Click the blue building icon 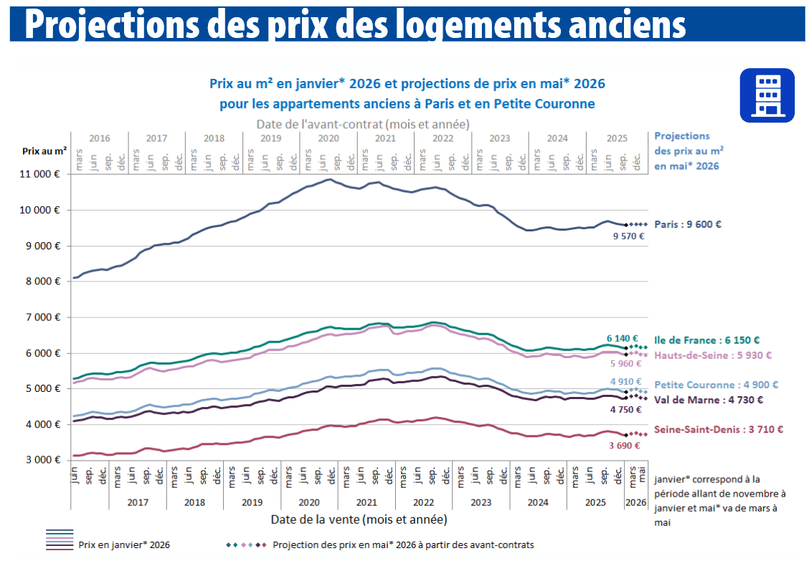(767, 95)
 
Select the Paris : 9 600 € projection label (688, 224)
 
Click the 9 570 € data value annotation (628, 236)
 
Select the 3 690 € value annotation (624, 446)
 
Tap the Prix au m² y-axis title (44, 151)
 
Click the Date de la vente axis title (359, 518)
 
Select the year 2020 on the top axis (328, 138)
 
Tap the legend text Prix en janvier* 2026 (124, 545)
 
